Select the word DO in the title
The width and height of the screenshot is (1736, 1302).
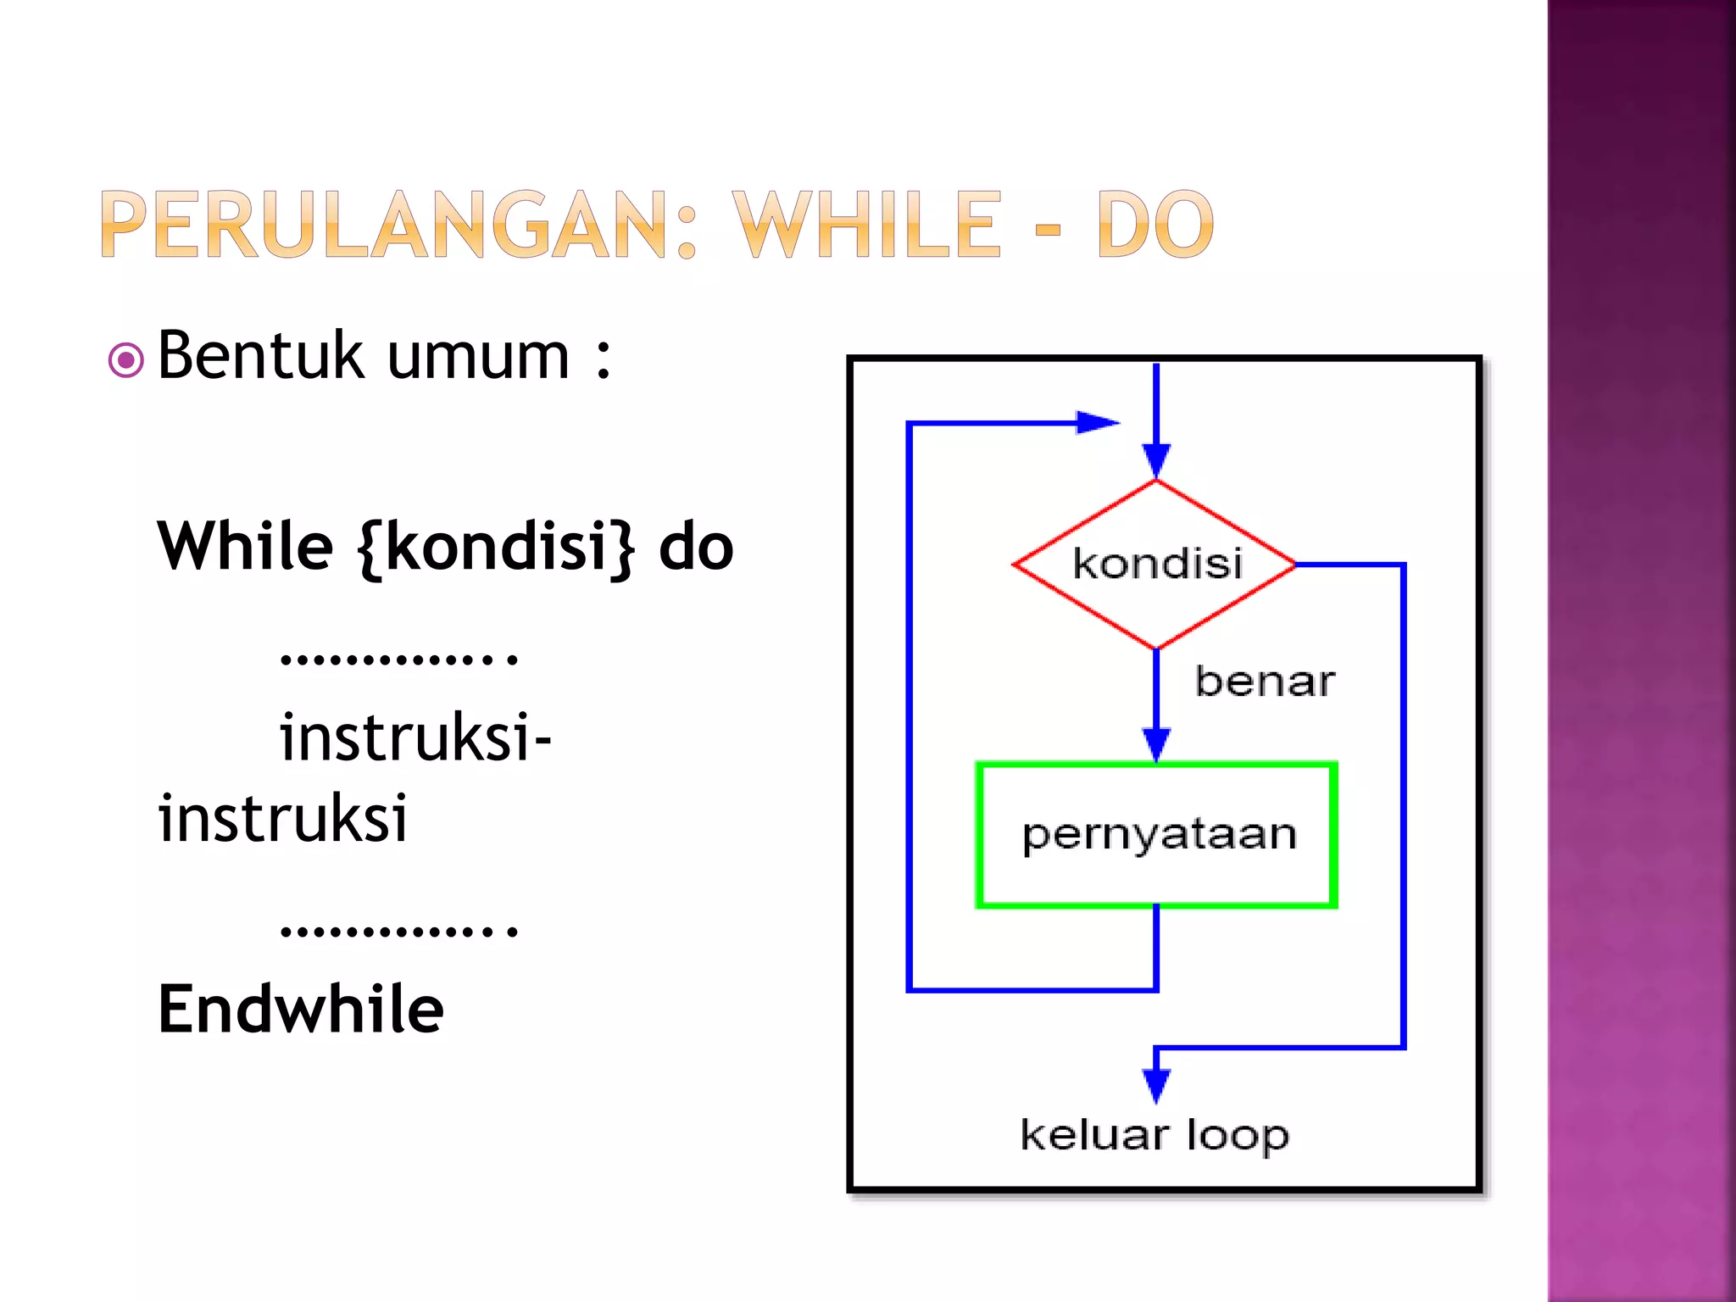coord(1155,225)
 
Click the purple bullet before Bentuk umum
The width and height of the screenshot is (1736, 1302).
coord(125,360)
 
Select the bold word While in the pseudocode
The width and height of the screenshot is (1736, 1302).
coord(245,547)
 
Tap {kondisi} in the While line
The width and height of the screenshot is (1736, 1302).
coord(496,548)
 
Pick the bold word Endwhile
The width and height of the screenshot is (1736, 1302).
coord(301,1010)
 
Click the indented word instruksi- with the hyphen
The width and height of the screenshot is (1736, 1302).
coord(415,737)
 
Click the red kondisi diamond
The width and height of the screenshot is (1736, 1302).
coord(1155,564)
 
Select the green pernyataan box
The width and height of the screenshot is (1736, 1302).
coord(1157,835)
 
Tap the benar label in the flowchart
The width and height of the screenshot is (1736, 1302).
coord(1264,682)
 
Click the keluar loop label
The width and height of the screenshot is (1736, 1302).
coord(1155,1135)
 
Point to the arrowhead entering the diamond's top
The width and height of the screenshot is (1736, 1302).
coord(1156,460)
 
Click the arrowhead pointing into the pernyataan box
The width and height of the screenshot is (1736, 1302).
coord(1156,744)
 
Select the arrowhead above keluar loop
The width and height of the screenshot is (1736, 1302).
coord(1156,1085)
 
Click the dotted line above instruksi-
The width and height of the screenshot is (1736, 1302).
coord(398,658)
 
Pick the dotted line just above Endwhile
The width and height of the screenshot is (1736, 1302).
coord(398,931)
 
